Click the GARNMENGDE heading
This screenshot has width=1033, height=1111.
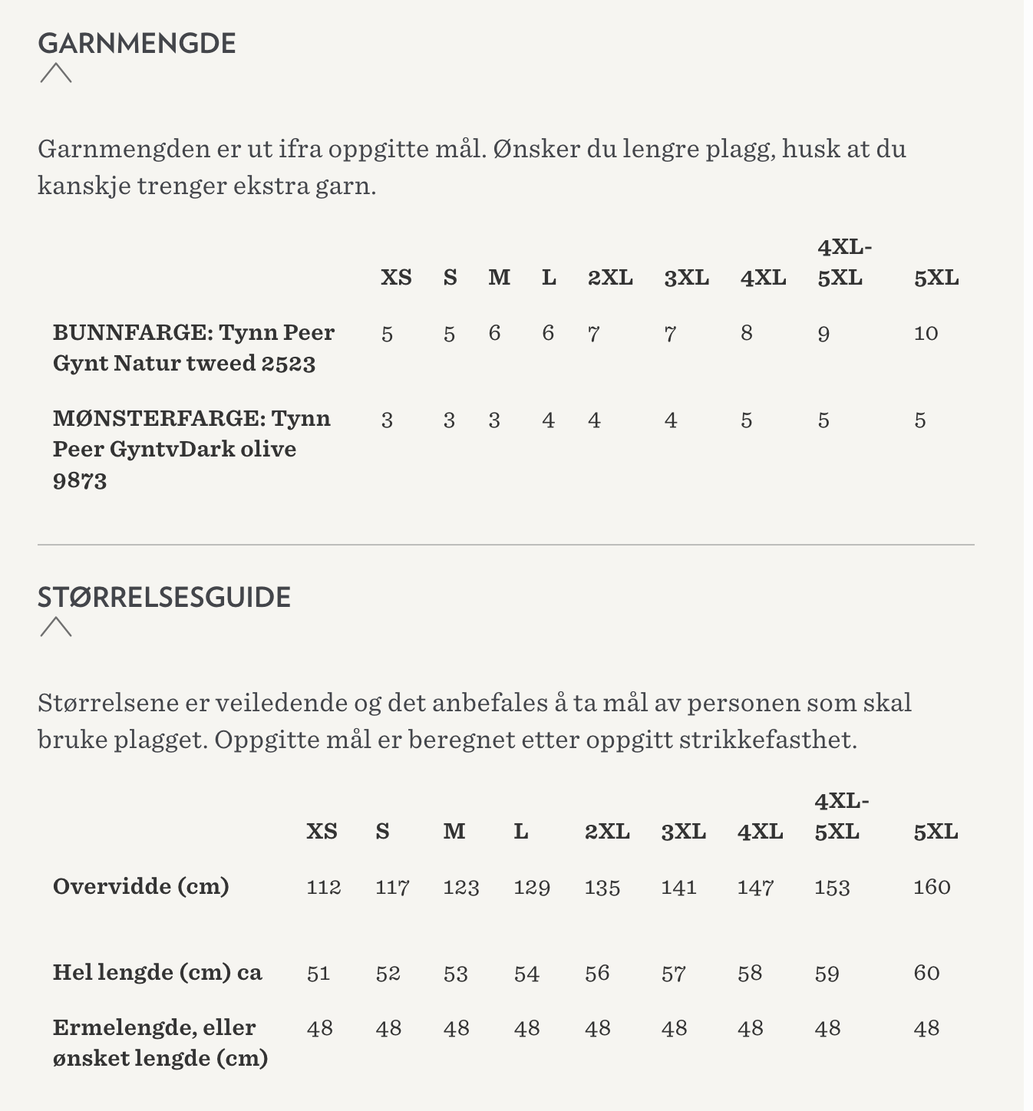pyautogui.click(x=137, y=43)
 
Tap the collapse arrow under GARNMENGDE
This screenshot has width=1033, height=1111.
pyautogui.click(x=55, y=73)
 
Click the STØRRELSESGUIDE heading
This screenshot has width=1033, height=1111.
pyautogui.click(x=164, y=597)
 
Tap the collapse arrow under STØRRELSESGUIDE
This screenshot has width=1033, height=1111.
pyautogui.click(x=55, y=627)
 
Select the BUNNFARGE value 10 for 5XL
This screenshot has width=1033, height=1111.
pyautogui.click(x=926, y=333)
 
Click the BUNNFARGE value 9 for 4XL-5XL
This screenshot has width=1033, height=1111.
pyautogui.click(x=823, y=334)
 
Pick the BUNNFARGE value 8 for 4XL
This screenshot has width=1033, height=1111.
pyautogui.click(x=746, y=333)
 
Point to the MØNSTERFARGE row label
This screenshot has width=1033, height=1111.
pyautogui.click(x=191, y=449)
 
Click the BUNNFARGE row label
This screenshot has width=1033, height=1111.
pyautogui.click(x=193, y=348)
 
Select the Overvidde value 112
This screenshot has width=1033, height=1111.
pyautogui.click(x=323, y=887)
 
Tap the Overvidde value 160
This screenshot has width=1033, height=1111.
pyautogui.click(x=932, y=887)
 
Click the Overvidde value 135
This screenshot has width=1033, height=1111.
pyautogui.click(x=602, y=887)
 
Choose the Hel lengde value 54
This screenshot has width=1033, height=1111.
pyautogui.click(x=526, y=974)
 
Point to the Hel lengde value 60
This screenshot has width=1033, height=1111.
pyautogui.click(x=926, y=973)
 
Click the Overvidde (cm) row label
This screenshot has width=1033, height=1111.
pyautogui.click(x=140, y=886)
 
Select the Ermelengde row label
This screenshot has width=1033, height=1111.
pyautogui.click(x=160, y=1043)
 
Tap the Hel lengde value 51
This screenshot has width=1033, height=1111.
pyautogui.click(x=318, y=974)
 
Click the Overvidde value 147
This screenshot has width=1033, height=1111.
pyautogui.click(x=755, y=887)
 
